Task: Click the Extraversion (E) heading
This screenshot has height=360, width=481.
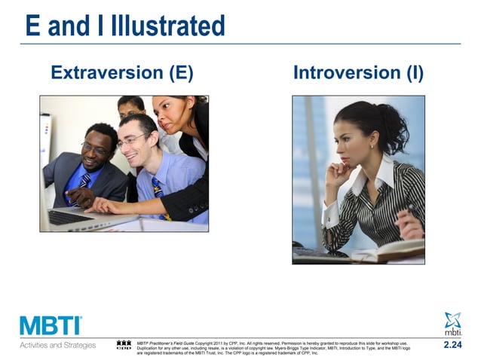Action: (121, 73)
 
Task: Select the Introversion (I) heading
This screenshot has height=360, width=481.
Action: (358, 73)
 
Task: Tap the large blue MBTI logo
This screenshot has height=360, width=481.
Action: (51, 325)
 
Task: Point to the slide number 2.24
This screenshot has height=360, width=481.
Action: (452, 345)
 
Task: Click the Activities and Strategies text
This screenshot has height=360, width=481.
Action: (58, 346)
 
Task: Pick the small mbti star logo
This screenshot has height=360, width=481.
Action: (452, 322)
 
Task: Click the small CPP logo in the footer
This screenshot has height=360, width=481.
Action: (124, 346)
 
